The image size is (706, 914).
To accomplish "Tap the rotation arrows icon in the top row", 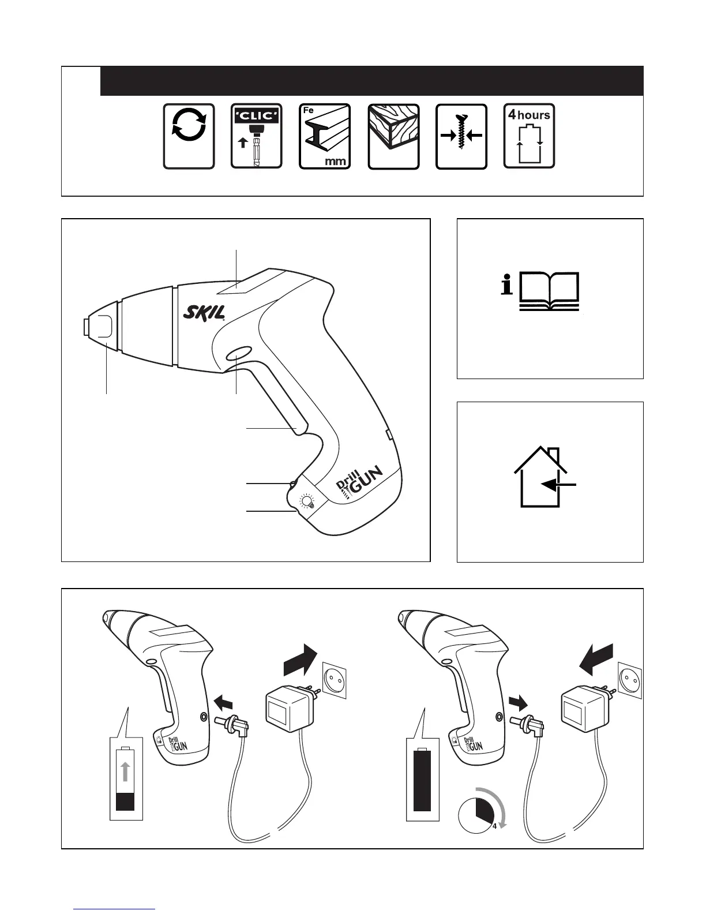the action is point(189,137).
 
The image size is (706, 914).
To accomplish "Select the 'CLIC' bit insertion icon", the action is point(256,137).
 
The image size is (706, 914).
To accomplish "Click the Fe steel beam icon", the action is point(324,137).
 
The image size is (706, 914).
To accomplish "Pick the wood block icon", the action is point(393,137).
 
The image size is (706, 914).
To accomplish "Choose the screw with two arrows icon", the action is point(461,137).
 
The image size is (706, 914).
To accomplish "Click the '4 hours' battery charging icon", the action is point(529,137).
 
